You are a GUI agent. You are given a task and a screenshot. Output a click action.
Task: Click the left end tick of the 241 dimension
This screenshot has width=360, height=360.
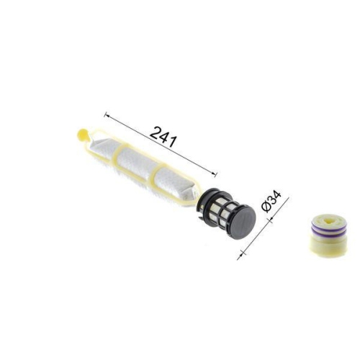(x=105, y=114)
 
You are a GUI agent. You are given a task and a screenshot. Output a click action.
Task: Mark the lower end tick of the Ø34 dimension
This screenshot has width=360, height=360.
(x=239, y=251)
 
